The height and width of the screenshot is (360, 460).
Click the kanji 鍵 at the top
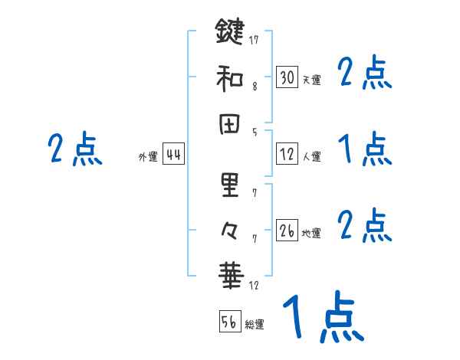point(229,33)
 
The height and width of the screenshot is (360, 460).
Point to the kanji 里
point(229,184)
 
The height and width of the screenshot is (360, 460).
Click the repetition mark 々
point(229,228)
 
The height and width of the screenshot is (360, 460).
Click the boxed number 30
point(287,77)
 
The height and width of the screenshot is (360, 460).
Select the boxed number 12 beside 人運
point(287,153)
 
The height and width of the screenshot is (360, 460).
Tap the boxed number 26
point(287,230)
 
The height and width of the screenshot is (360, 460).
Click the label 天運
point(311,80)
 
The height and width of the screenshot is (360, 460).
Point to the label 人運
point(311,156)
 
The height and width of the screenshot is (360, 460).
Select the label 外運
point(148,157)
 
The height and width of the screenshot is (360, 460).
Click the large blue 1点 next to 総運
point(321,318)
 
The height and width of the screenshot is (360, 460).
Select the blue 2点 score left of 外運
point(75,149)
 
